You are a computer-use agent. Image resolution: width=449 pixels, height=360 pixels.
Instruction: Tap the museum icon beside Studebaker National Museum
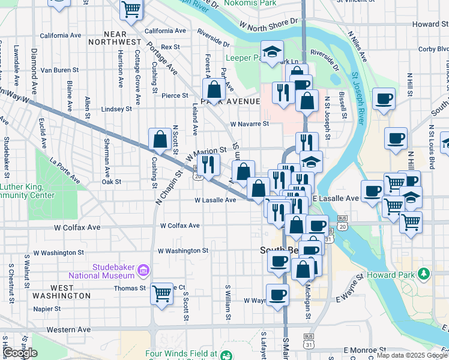tap(143, 271)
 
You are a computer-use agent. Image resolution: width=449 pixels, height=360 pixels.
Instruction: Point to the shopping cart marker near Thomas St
tap(161, 294)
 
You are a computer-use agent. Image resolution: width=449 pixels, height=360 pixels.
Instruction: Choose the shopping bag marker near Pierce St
tap(214, 91)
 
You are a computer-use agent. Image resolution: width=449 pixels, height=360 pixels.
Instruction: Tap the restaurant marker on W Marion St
tap(208, 164)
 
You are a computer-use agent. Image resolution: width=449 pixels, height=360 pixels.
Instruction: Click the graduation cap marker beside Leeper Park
tap(272, 52)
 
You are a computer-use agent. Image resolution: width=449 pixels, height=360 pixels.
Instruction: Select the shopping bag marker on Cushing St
tap(160, 140)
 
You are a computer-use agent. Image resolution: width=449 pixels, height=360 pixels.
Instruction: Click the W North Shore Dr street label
tap(268, 24)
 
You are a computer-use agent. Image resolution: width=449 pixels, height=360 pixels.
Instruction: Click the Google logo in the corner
tap(19, 353)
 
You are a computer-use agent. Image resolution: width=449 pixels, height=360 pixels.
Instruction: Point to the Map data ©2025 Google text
tap(411, 355)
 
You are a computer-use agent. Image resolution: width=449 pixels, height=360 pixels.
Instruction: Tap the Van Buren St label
tap(60, 70)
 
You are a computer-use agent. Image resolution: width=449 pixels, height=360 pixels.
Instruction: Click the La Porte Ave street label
tap(65, 170)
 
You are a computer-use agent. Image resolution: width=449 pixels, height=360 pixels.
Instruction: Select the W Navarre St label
tap(249, 124)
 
